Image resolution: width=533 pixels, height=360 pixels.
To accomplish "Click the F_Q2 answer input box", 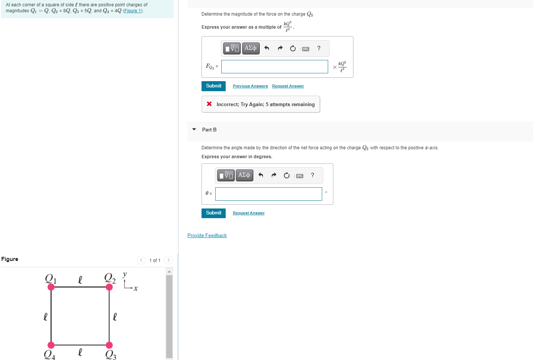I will coord(275,67).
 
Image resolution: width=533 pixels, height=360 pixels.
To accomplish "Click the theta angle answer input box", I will coord(269,194).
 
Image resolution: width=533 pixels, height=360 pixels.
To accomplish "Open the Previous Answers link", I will coord(250,86).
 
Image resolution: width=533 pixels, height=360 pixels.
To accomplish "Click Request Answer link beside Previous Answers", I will coord(288,86).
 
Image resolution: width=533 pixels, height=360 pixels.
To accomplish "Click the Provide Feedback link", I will coord(207,235).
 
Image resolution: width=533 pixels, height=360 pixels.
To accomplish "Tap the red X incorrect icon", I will coord(209,104).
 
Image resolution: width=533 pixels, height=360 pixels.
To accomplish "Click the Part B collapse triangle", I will coord(194,130).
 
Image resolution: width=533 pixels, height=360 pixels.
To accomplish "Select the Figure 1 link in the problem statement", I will coord(133,11).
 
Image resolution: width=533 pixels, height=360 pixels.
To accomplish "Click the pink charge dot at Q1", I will coord(51,287).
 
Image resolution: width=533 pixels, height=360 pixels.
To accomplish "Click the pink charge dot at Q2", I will coord(109,287).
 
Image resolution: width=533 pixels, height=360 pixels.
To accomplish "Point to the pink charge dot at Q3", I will coord(109,345).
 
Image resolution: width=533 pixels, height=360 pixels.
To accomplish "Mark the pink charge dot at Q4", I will coord(51,345).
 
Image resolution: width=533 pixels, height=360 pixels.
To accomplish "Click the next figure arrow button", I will coord(168,260).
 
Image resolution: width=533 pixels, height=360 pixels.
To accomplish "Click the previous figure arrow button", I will coord(141,260).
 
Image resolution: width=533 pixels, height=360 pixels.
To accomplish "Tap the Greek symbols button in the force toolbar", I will coord(251,48).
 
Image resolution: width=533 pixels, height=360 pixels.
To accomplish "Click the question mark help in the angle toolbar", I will coord(312,175).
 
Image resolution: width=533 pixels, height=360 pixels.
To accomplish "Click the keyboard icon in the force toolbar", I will coord(306,49).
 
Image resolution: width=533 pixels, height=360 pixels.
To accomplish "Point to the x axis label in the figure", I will coord(136,289).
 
